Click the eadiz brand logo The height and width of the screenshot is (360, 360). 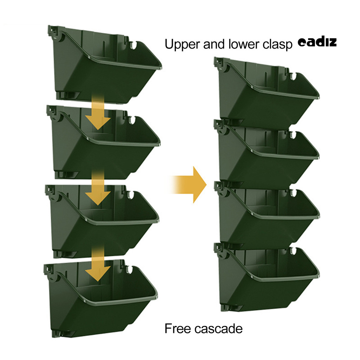pos(317,43)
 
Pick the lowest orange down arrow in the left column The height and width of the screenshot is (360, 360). pos(98,265)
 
